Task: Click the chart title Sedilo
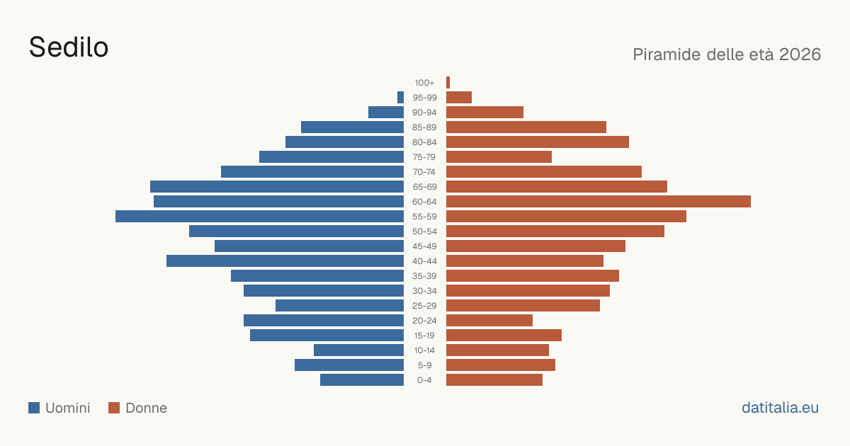tap(69, 47)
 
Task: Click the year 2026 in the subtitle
tap(800, 55)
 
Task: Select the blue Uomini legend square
tap(34, 408)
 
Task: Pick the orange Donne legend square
tap(114, 408)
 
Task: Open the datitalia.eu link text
tap(780, 408)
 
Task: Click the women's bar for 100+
tap(448, 83)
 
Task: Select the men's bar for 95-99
tap(401, 98)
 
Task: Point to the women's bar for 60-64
tap(599, 201)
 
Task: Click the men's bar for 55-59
tap(259, 216)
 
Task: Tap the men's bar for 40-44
tap(285, 261)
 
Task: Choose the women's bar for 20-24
tap(489, 321)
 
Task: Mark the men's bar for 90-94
tap(386, 113)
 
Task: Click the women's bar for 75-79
tap(499, 157)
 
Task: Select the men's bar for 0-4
tap(362, 380)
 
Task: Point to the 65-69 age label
tap(424, 187)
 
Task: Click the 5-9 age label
tap(424, 365)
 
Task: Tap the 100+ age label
tap(424, 83)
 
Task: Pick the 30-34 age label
tap(424, 291)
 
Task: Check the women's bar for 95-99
tap(459, 98)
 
